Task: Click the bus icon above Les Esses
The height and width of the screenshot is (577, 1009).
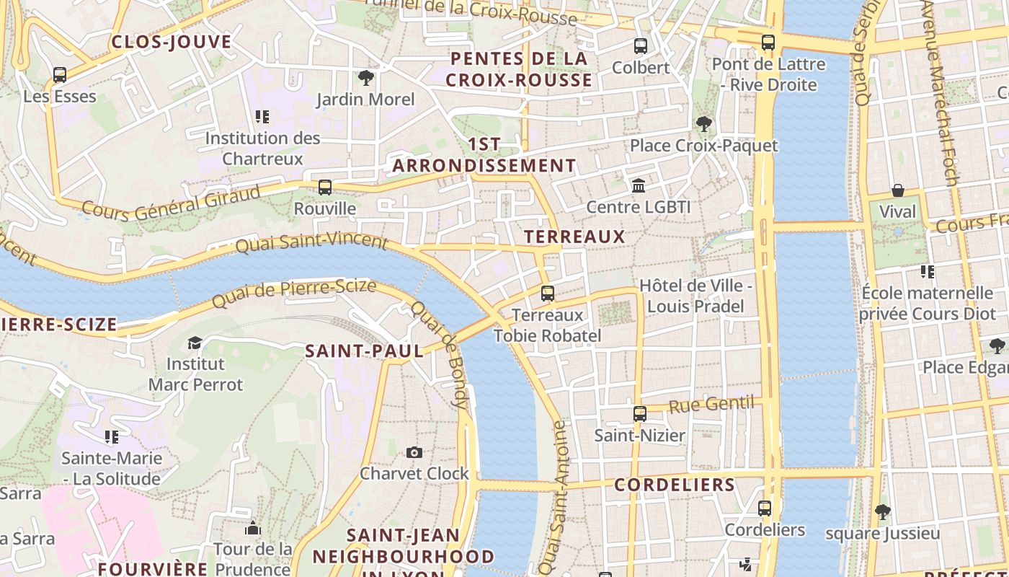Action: coord(60,74)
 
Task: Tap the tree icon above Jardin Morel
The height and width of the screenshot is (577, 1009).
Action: coord(365,78)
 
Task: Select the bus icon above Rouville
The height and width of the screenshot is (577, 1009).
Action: coord(325,188)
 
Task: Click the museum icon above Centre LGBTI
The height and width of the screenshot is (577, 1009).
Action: coord(639,186)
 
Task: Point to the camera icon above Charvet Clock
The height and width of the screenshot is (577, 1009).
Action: coord(414,452)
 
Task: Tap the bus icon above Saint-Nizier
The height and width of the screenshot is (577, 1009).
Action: coord(639,414)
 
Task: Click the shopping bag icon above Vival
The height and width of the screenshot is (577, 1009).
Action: coord(898,190)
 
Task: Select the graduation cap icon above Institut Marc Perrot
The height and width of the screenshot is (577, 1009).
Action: coord(195,342)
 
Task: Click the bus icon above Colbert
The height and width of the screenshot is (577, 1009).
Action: coord(640,46)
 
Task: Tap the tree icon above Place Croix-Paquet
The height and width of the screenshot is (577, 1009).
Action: coord(703,124)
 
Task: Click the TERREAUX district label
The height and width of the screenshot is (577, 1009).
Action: coord(574,237)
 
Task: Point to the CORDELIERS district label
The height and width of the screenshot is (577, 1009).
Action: coord(674,485)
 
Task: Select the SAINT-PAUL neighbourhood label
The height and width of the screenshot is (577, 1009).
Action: coord(364,351)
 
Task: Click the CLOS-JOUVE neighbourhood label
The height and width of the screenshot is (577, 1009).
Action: coord(172,42)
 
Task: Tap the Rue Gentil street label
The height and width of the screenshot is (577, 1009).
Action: coord(711,405)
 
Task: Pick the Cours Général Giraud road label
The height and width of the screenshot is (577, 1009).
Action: coord(171,203)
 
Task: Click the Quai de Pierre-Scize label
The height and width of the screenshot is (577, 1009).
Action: coord(294,293)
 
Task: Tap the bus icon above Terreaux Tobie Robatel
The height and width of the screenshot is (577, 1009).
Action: coord(548,294)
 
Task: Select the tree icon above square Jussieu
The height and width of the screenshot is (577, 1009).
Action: coord(882,512)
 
